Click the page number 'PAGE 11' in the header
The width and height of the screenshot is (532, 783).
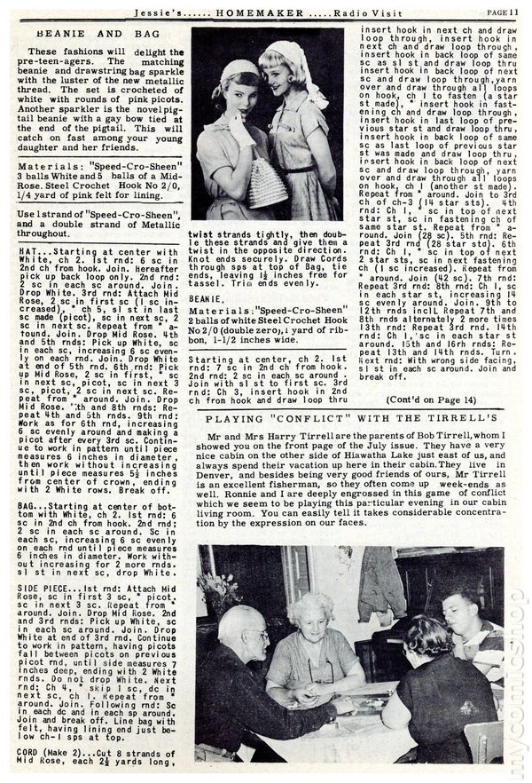[x=503, y=12]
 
